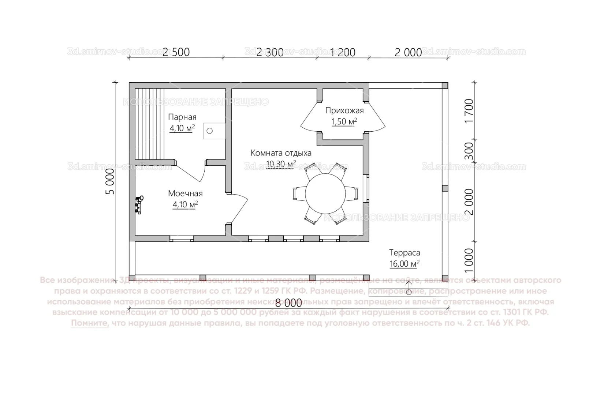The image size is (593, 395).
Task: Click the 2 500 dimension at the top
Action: [x=176, y=52]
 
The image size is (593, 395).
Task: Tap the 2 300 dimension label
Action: [x=270, y=52]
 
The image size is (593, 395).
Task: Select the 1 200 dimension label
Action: [x=343, y=52]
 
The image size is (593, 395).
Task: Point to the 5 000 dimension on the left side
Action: [x=110, y=182]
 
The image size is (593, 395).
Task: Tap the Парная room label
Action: [x=182, y=117]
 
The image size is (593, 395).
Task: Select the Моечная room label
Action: [x=185, y=193]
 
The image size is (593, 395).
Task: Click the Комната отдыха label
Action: [x=281, y=153]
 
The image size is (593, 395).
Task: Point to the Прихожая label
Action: [x=344, y=111]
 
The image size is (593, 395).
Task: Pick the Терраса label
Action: [x=404, y=253]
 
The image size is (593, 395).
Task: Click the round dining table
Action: [x=325, y=193]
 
